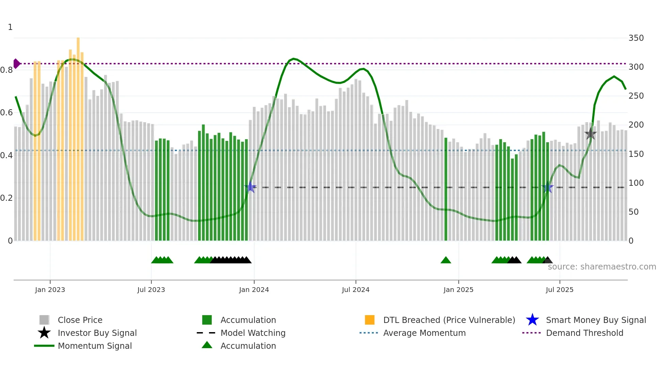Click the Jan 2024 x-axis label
pyautogui.click(x=254, y=290)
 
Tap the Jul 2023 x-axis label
pyautogui.click(x=151, y=290)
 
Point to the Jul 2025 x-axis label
pyautogui.click(x=559, y=290)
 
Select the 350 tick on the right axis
pyautogui.click(x=636, y=38)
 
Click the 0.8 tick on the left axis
pyautogui.click(x=6, y=70)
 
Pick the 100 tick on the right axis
pyautogui.click(x=636, y=183)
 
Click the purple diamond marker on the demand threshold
pyautogui.click(x=16, y=64)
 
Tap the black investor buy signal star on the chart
pyautogui.click(x=590, y=134)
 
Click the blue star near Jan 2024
pyautogui.click(x=250, y=187)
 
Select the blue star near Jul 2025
pyautogui.click(x=548, y=187)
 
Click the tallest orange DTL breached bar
pyautogui.click(x=78, y=136)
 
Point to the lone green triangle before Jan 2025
pyautogui.click(x=446, y=260)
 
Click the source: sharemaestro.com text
pyautogui.click(x=602, y=267)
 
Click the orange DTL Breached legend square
pyautogui.click(x=370, y=320)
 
